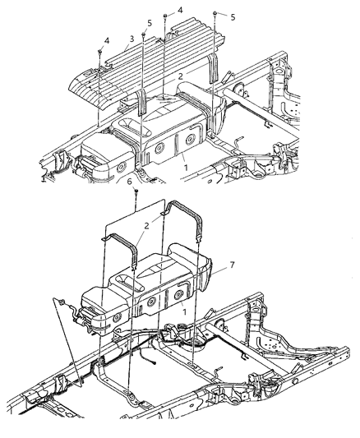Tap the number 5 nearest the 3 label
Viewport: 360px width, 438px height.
click(149, 22)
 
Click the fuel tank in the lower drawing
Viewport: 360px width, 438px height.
click(148, 288)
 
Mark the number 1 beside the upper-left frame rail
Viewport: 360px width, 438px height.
click(43, 178)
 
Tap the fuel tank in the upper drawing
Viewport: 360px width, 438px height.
click(156, 140)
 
